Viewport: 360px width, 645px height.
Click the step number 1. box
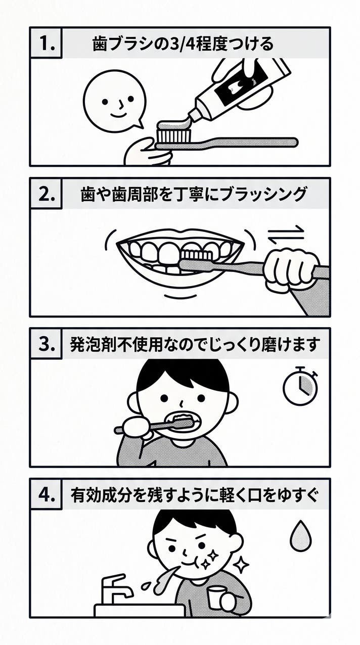pyautogui.click(x=46, y=43)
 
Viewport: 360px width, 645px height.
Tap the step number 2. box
pyautogui.click(x=46, y=194)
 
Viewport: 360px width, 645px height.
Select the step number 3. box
pyautogui.click(x=46, y=344)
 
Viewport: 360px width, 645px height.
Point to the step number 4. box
pyautogui.click(x=46, y=494)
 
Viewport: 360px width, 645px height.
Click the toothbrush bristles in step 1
pyautogui.click(x=174, y=135)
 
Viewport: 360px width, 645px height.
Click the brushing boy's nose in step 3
pyautogui.click(x=182, y=403)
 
